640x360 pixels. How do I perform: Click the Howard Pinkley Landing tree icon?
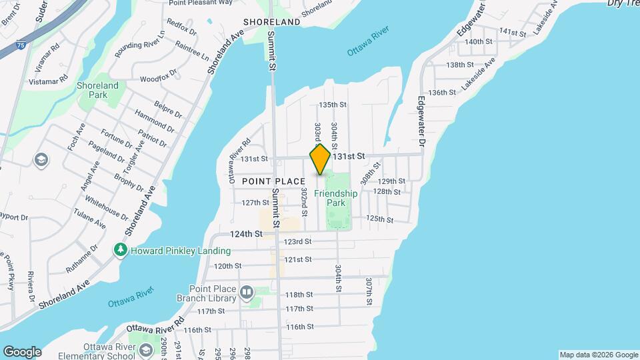(121, 250)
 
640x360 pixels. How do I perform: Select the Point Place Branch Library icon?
(247, 293)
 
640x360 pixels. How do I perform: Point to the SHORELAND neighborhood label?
(272, 21)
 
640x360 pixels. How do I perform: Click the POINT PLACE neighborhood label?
(273, 181)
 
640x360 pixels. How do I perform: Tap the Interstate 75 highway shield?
(5, 46)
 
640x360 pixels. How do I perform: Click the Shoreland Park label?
(97, 90)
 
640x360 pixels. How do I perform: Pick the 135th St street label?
(333, 105)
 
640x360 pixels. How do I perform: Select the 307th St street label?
(368, 291)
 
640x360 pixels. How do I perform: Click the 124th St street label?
(245, 234)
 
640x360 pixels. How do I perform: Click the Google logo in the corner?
(22, 351)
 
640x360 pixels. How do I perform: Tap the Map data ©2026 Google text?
(599, 355)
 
